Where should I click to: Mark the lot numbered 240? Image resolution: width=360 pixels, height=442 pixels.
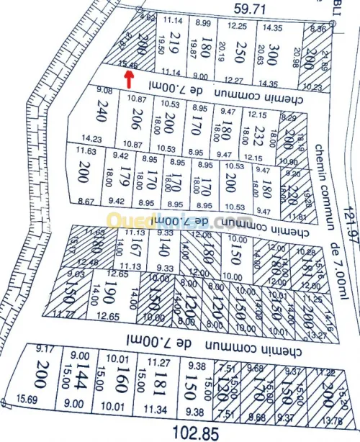[90, 115]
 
